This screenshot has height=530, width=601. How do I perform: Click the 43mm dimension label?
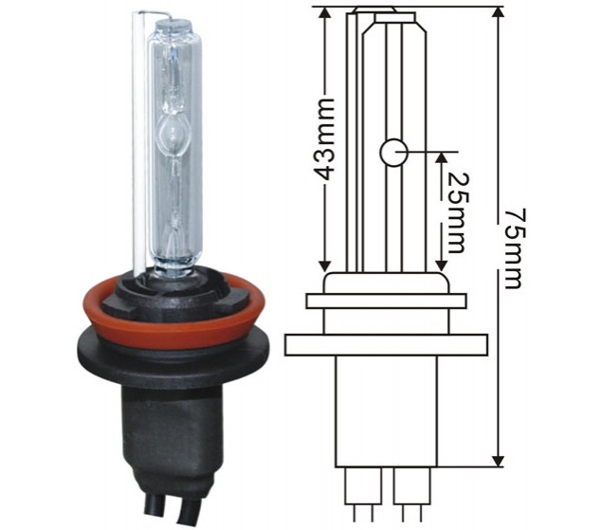[x=324, y=139]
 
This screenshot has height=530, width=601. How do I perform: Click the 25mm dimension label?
[x=458, y=212]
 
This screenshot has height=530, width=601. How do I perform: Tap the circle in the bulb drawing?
[x=393, y=152]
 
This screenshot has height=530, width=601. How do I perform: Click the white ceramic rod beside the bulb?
[x=138, y=142]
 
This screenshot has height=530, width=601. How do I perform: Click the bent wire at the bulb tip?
[x=154, y=14]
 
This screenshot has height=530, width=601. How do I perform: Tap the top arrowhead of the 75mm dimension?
[x=498, y=14]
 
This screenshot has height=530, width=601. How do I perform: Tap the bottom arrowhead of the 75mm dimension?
[x=498, y=459]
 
